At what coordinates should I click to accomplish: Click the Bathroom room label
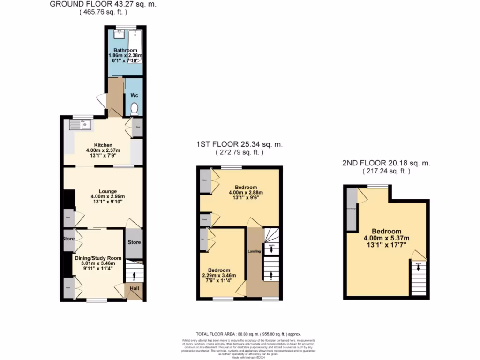[125, 51]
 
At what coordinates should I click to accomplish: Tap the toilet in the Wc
[135, 109]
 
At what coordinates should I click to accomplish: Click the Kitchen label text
[103, 145]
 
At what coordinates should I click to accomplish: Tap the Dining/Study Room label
[98, 258]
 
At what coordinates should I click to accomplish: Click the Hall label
[135, 289]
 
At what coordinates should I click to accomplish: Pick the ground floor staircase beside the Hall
[134, 271]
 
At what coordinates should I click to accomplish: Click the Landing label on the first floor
[255, 253]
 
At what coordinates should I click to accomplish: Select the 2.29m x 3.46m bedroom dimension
[219, 276]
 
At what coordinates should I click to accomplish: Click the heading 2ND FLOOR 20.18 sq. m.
[386, 164]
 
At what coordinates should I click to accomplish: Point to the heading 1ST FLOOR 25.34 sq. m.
[239, 145]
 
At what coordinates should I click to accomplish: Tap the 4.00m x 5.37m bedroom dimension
[387, 238]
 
